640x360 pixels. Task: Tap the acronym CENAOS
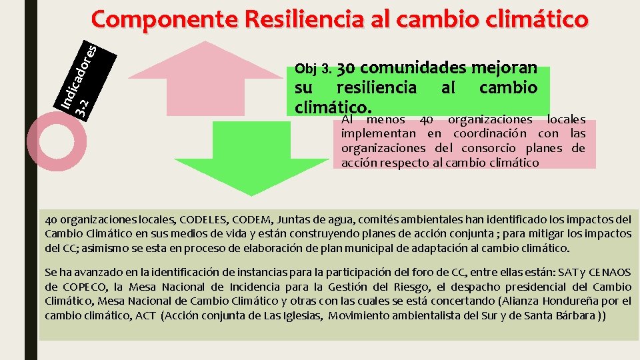tap(607, 273)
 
